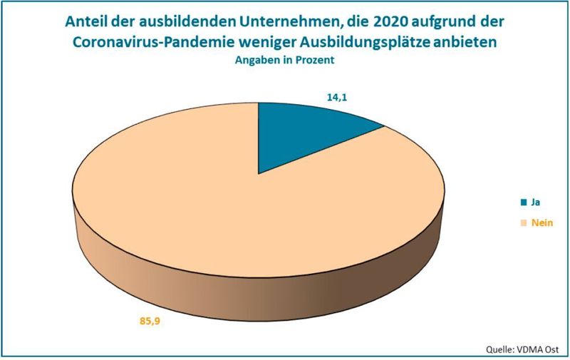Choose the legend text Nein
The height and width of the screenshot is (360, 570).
pyautogui.click(x=543, y=223)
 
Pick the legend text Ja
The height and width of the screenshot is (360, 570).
pyautogui.click(x=537, y=202)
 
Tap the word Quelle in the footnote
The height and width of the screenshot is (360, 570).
pyautogui.click(x=499, y=349)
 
